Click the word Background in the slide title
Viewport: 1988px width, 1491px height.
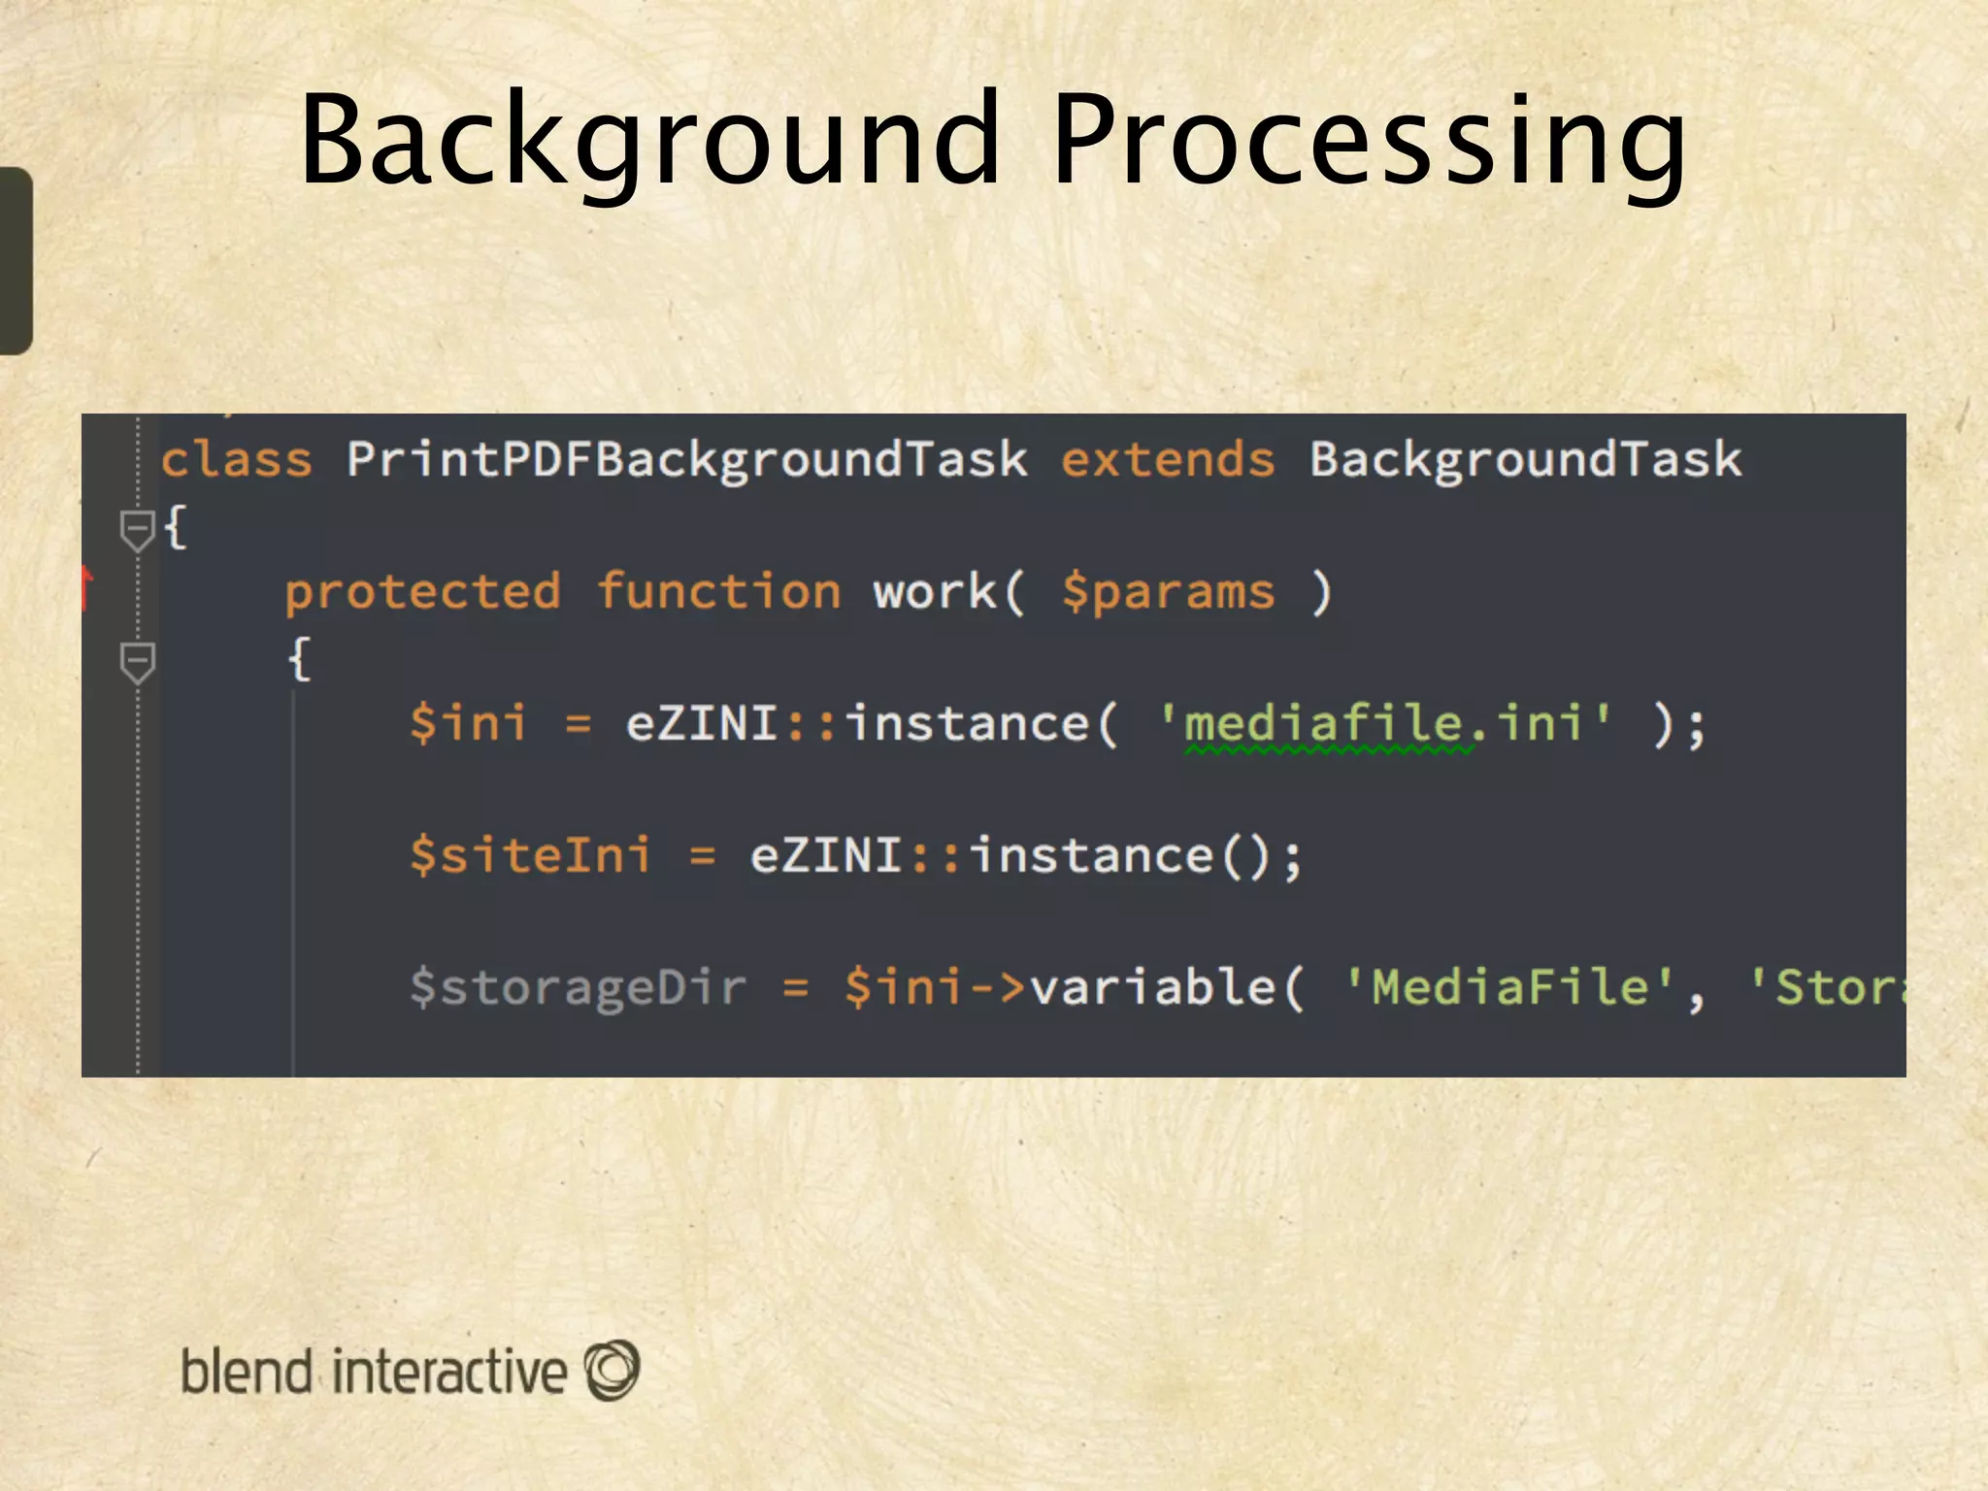pos(648,141)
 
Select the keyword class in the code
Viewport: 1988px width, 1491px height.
pos(236,460)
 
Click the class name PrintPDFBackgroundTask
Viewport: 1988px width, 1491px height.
pos(686,460)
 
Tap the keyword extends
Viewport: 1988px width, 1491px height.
pos(1167,460)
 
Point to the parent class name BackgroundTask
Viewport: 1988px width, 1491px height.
pos(1525,460)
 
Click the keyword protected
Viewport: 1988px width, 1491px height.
pos(422,592)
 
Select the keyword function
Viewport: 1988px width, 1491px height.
pos(717,592)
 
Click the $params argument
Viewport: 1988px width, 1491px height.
pos(1167,592)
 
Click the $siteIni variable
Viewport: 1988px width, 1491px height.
pos(529,856)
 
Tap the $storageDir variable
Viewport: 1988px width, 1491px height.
pos(578,988)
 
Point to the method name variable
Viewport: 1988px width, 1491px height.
pos(1151,988)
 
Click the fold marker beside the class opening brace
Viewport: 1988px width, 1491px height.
pos(137,530)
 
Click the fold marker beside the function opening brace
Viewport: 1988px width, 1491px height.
pos(137,662)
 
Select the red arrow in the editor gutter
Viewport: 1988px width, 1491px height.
pos(87,585)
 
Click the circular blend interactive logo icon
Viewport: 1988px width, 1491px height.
pos(612,1370)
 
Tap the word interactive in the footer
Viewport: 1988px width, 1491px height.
pos(448,1372)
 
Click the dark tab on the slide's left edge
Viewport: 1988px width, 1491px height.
pos(16,260)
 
